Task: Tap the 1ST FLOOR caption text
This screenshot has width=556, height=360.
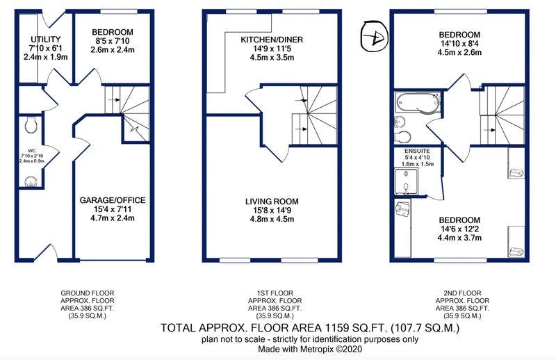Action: point(274,293)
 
